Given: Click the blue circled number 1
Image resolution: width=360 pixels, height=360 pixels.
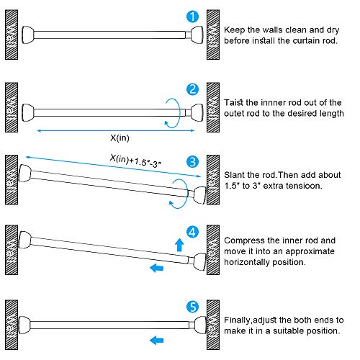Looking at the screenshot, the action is pos(192,17).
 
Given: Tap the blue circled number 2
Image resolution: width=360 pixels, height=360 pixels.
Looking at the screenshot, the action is pos(192,89).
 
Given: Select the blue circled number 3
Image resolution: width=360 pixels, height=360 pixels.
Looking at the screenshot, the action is pos(192,162).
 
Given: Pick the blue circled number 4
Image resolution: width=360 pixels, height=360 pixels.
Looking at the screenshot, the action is pos(192,232).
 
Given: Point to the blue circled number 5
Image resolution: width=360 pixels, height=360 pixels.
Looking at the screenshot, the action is pos(192,307).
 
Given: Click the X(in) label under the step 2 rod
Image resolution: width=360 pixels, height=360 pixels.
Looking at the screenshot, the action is pos(120,138).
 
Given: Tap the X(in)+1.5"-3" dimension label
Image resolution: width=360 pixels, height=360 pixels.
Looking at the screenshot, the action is pos(135,161).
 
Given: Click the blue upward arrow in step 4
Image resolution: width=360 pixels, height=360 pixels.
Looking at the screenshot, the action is pos(179,245).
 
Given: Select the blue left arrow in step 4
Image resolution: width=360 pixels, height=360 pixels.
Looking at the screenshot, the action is pos(157,268).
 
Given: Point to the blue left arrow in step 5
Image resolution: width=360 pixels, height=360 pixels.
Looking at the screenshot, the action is pos(157,340).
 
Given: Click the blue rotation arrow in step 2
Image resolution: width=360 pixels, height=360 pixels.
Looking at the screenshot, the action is pos(179,113).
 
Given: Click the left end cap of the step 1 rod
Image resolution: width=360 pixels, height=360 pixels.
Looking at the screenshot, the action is pos(28,35).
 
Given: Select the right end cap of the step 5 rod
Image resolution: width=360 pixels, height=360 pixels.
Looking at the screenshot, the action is pos(200,325).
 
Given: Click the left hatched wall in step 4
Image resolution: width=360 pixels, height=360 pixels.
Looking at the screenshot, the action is pos(12,250).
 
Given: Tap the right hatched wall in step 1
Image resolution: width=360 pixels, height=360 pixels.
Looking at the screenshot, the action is pos(213,35).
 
